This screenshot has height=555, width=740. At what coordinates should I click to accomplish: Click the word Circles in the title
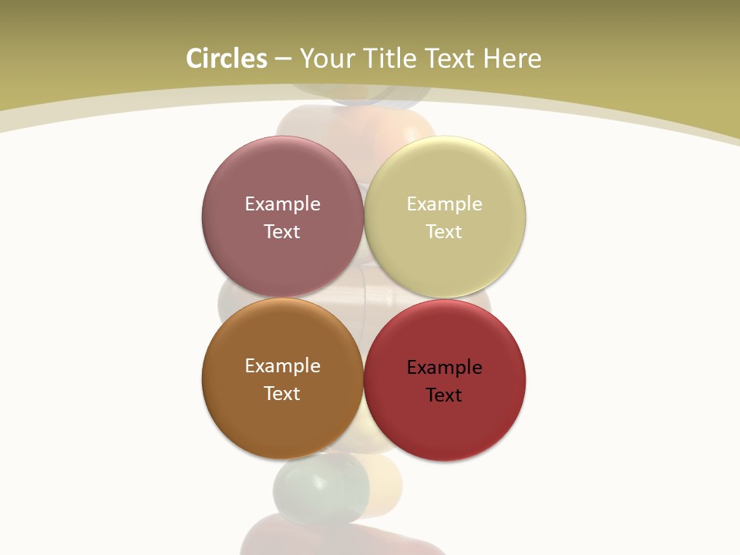click(x=227, y=59)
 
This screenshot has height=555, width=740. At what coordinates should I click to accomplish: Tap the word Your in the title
click(x=328, y=59)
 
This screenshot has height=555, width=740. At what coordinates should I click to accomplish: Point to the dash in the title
click(x=283, y=59)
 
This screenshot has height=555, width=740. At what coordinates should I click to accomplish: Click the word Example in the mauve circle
click(x=282, y=204)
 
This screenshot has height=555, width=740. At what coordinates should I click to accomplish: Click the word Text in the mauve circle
click(x=282, y=231)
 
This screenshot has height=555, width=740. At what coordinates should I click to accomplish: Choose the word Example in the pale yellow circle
click(x=444, y=204)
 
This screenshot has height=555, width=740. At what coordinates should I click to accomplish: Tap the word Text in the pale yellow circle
click(x=444, y=231)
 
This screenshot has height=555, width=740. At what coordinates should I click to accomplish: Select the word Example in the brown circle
click(x=282, y=366)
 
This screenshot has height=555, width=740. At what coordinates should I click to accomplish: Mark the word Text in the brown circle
click(x=282, y=393)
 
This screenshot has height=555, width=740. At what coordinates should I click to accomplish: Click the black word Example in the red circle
click(x=444, y=368)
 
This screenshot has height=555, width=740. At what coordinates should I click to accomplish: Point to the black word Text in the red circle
click(x=444, y=395)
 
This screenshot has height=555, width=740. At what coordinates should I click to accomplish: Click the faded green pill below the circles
click(x=320, y=486)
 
